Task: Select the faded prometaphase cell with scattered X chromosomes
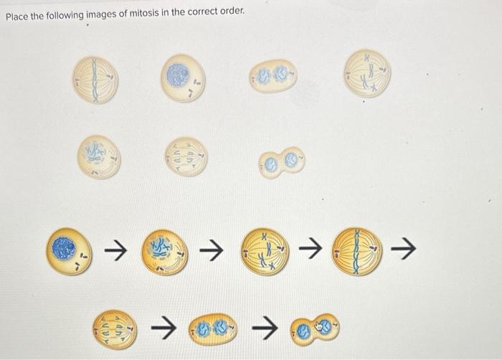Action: [367, 72]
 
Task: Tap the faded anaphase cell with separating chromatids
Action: [185, 157]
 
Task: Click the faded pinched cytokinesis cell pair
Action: [281, 161]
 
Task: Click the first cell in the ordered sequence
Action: [68, 251]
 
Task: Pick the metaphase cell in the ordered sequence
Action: [356, 250]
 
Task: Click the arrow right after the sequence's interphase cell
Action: [115, 250]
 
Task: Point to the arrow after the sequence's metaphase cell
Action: [407, 250]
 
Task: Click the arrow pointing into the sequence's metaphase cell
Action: [309, 250]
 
